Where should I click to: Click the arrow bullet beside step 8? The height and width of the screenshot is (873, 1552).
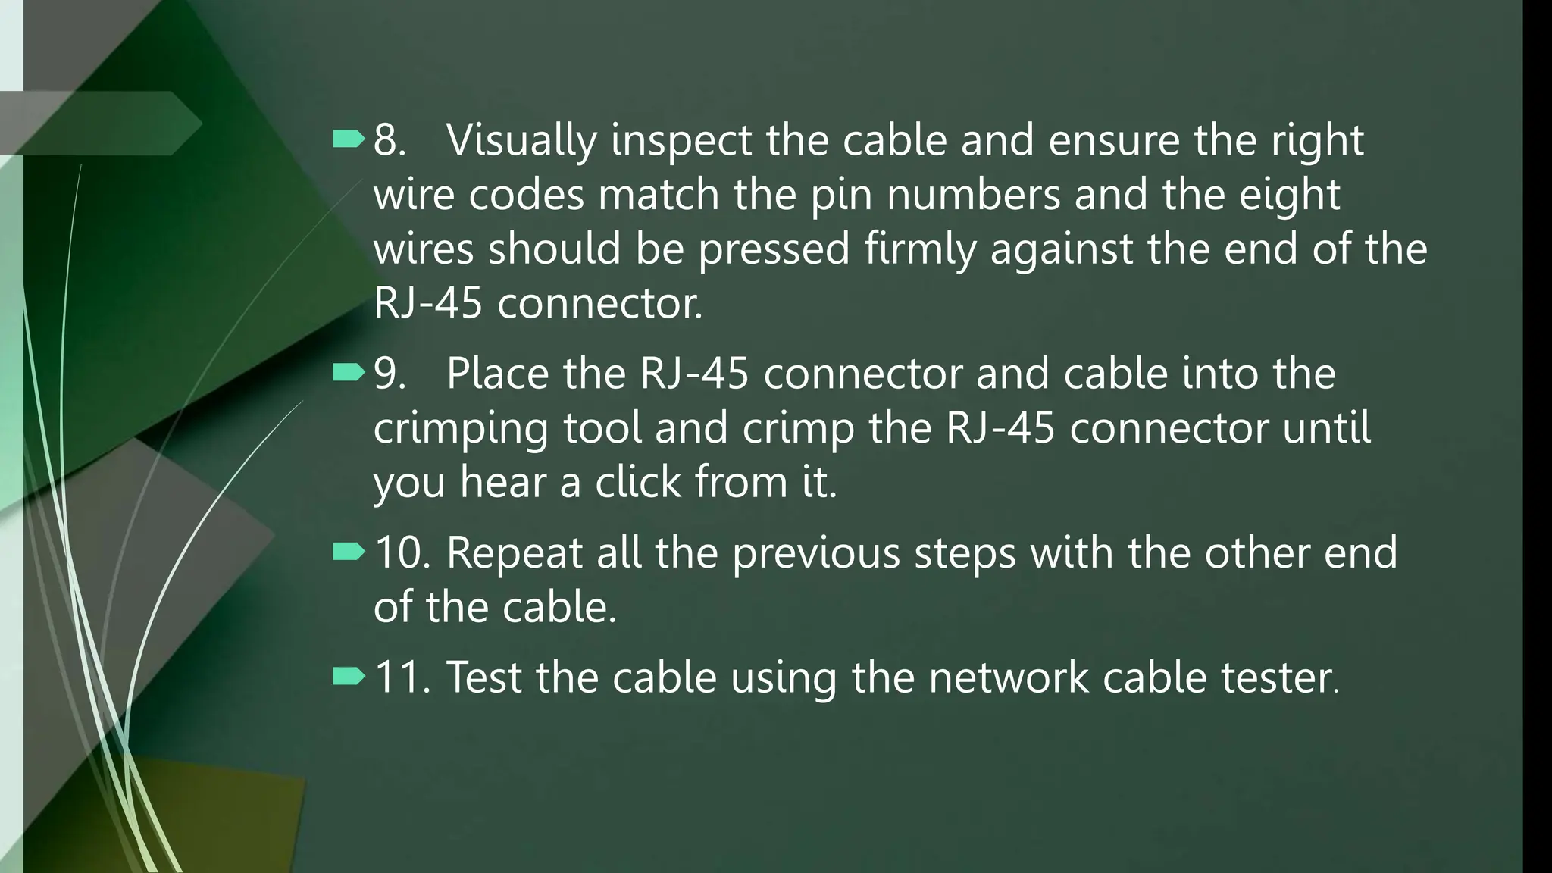click(x=349, y=139)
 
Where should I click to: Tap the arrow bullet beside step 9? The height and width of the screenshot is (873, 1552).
click(x=349, y=372)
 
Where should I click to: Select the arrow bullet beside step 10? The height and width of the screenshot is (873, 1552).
click(x=349, y=552)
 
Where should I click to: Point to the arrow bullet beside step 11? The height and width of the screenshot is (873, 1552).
click(x=349, y=676)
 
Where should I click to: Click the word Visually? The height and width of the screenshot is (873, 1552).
click(x=521, y=141)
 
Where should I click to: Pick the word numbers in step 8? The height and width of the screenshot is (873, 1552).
click(x=973, y=195)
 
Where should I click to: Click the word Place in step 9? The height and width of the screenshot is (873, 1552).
click(x=497, y=374)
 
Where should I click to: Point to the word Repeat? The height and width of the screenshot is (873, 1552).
click(x=515, y=554)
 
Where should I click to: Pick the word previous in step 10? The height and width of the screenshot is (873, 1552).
click(x=815, y=554)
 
